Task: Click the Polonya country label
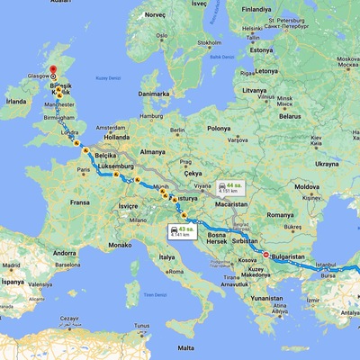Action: click(x=220, y=129)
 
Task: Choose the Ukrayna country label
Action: click(x=326, y=164)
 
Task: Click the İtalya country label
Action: click(x=166, y=257)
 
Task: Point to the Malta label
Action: click(x=185, y=347)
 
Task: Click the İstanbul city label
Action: click(x=325, y=265)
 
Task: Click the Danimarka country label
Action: click(x=153, y=94)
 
